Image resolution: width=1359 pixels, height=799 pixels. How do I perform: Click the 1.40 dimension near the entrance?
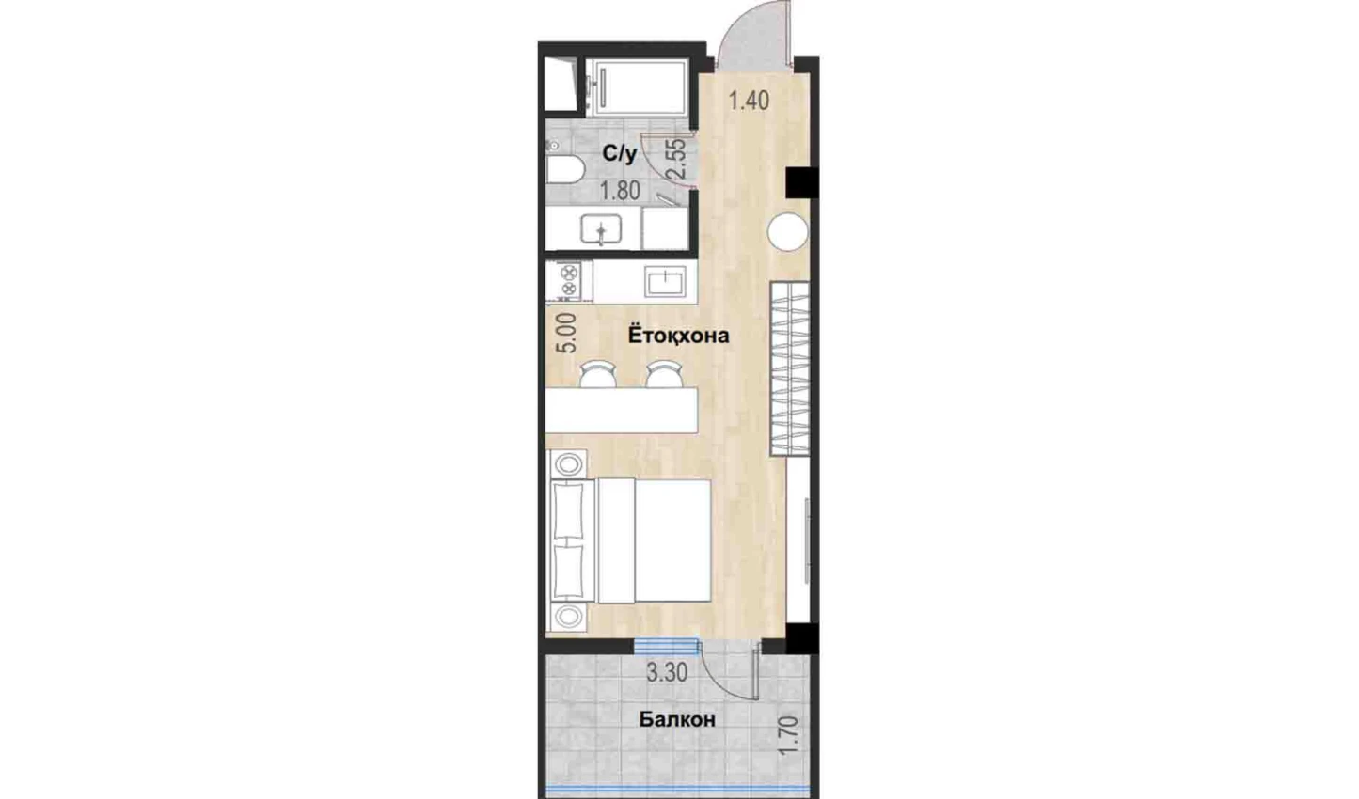tap(749, 101)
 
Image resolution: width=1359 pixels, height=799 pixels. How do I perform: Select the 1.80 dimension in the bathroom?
tap(620, 191)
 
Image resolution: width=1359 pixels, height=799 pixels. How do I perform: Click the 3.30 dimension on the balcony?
tap(667, 673)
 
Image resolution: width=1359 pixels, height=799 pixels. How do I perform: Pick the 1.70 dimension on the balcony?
tap(788, 735)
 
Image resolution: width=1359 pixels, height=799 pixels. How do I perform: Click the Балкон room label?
tap(677, 720)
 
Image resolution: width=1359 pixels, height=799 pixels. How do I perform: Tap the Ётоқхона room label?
tap(678, 335)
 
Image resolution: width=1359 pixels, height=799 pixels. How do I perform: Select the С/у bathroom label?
tap(620, 154)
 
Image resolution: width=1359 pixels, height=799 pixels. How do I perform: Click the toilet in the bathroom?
tap(564, 170)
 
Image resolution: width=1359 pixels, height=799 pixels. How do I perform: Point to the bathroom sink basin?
tap(601, 229)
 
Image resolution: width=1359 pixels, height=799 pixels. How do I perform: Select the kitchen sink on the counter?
tap(665, 281)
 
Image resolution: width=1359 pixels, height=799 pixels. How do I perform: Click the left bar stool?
tap(598, 374)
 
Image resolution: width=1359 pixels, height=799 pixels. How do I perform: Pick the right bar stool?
tap(664, 374)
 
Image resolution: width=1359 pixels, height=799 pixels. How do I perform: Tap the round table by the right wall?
tap(787, 231)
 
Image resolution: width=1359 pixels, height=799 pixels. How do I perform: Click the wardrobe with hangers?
tap(790, 368)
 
